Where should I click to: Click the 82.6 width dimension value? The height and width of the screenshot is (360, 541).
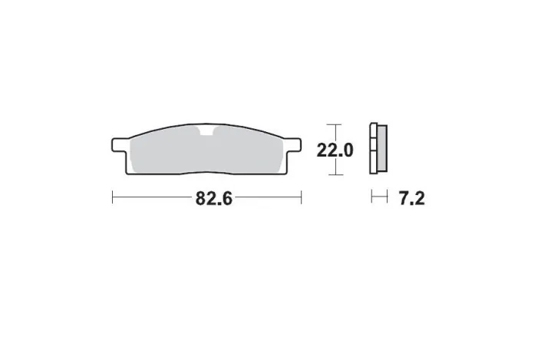tap(213, 198)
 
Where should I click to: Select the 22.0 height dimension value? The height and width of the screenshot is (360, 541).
tap(335, 150)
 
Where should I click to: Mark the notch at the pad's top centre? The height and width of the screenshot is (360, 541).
tap(206, 132)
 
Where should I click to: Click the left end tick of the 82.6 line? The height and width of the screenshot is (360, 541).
tap(113, 198)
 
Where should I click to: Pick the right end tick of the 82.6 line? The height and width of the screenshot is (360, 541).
tap(301, 198)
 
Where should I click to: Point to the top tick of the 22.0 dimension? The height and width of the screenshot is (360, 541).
tap(332, 124)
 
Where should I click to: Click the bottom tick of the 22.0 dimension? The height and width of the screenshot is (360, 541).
tap(332, 174)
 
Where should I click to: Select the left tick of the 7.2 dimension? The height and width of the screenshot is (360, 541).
tap(371, 198)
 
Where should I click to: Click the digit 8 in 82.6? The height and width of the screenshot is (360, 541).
tap(201, 198)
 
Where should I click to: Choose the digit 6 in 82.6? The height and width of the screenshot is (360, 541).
tap(226, 198)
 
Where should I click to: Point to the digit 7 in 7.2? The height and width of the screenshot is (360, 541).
tap(403, 198)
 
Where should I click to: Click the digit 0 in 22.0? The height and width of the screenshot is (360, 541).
tap(347, 150)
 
